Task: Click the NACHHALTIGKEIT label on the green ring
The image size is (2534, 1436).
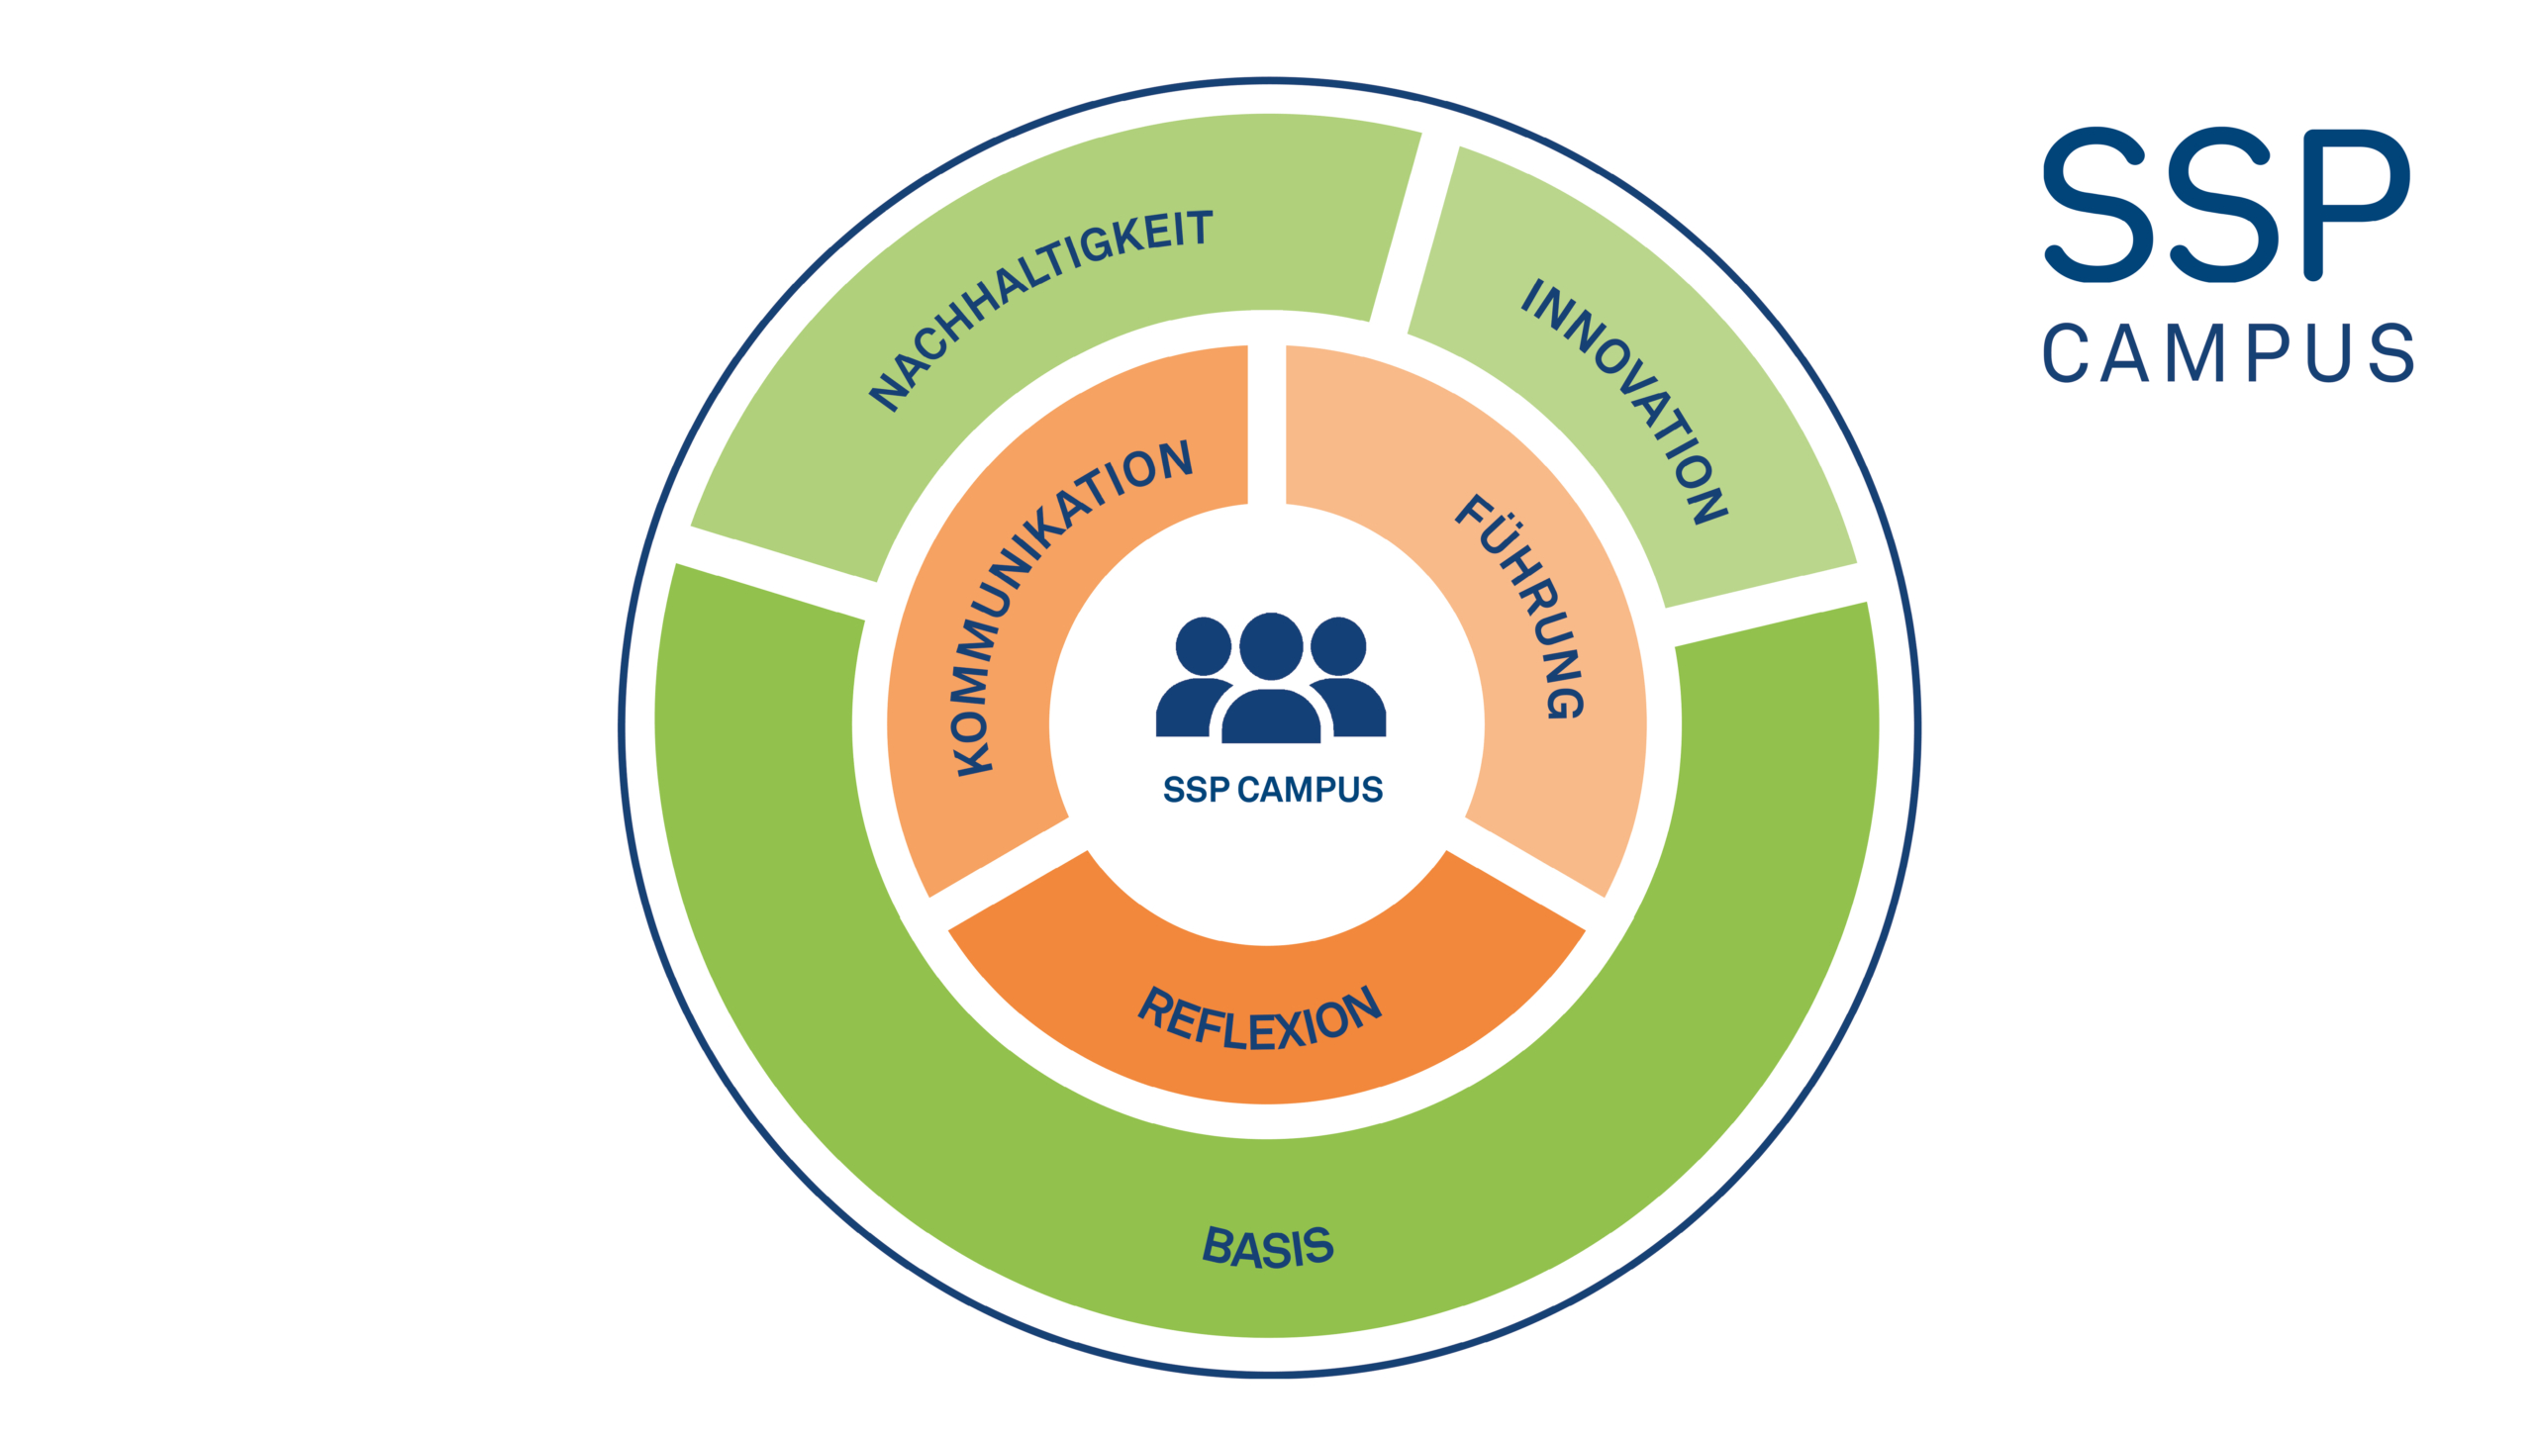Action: pos(1039,309)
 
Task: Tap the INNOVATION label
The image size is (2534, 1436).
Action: pos(1624,400)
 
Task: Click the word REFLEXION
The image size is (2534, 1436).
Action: pos(1259,1019)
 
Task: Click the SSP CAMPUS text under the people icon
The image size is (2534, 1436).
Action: pos(1272,790)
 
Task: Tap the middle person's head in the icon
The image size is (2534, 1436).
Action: pos(1271,645)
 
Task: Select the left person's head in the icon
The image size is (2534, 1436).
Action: pos(1203,646)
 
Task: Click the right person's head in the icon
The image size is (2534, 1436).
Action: pos(1338,646)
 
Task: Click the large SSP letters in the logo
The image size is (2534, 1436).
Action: pos(2227,205)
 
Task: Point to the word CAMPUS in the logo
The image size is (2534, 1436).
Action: pos(2227,352)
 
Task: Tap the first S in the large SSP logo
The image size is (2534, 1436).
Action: pos(2095,205)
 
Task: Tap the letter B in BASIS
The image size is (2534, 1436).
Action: pos(1218,1244)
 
